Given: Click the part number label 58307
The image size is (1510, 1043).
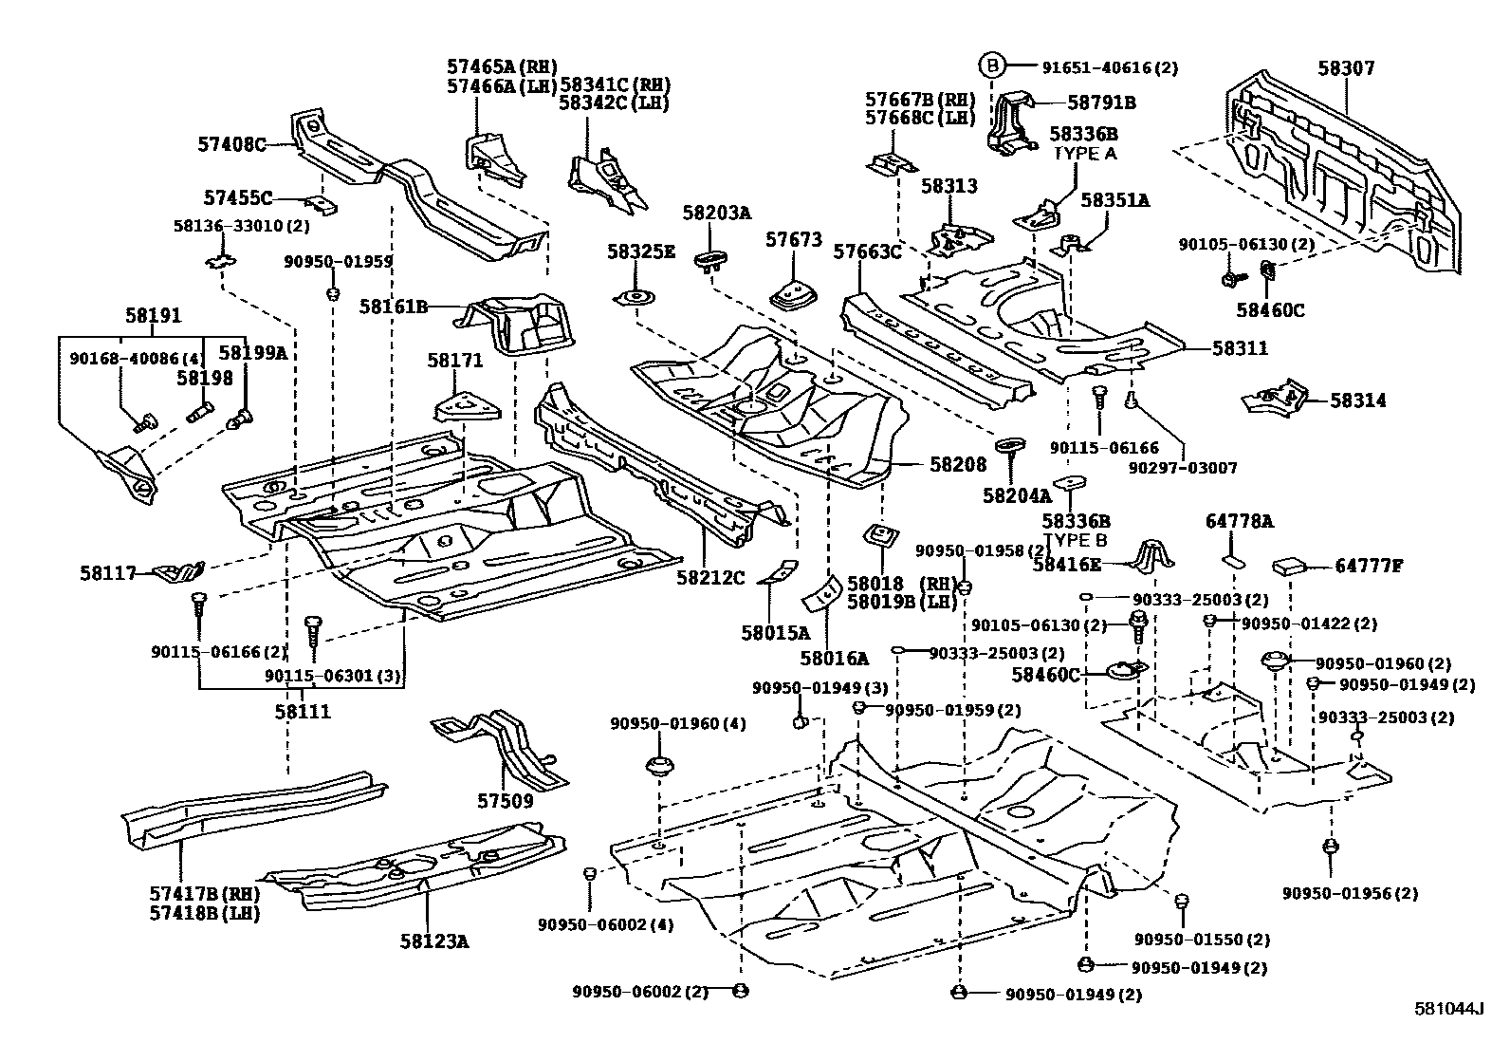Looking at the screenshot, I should tap(1345, 68).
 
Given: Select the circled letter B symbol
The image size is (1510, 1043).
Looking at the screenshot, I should tap(990, 65).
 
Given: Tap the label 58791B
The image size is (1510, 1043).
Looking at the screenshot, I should tap(1101, 102).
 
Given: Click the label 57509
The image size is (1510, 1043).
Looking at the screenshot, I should tap(505, 801).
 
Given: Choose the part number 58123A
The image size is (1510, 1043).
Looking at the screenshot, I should tap(433, 941).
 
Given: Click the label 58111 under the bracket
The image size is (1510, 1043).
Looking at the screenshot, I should tap(303, 711).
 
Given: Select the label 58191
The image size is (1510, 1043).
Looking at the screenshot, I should tap(153, 316).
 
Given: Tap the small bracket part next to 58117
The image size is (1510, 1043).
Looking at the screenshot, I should tap(180, 572).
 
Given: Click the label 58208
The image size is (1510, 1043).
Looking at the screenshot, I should tap(958, 464).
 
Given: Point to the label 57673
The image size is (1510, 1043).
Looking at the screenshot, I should tap(793, 241).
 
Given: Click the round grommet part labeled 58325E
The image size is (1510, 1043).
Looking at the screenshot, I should tap(635, 299).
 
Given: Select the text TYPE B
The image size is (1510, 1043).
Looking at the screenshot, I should tap(1075, 540).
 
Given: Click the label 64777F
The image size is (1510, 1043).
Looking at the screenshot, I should tap(1368, 567).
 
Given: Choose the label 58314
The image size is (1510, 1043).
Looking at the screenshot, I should tap(1357, 400).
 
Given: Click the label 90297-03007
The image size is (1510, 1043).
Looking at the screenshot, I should tap(1183, 468).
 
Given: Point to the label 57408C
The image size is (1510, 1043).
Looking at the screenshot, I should tap(231, 144).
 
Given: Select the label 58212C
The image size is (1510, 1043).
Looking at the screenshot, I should tap(710, 576).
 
